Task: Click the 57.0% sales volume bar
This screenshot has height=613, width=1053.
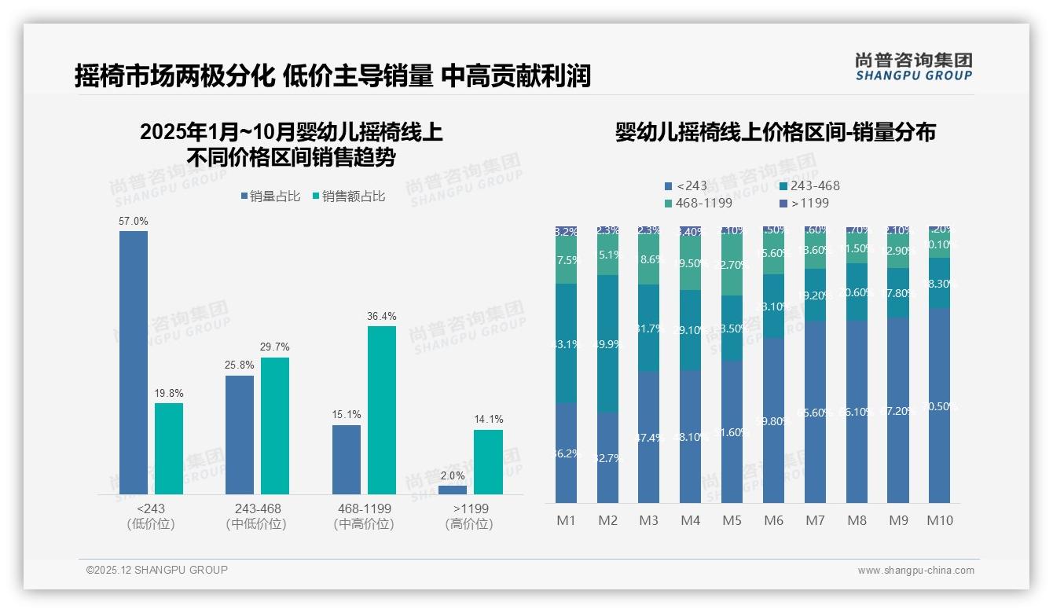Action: (x=134, y=362)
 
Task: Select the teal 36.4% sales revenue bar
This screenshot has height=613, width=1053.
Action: (x=382, y=409)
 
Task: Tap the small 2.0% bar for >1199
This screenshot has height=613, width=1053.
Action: (x=453, y=490)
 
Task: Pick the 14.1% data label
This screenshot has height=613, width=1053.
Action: (x=488, y=419)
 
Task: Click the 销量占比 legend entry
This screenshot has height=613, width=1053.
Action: (x=270, y=196)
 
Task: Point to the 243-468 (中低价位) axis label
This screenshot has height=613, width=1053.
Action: (x=258, y=516)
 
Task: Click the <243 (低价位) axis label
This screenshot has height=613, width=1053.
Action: (x=151, y=516)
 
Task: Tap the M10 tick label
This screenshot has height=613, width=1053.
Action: (x=940, y=520)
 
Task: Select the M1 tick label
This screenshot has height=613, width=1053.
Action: (x=567, y=520)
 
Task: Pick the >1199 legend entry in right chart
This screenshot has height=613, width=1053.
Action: (x=803, y=203)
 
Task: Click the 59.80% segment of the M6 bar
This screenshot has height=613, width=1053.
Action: (x=774, y=420)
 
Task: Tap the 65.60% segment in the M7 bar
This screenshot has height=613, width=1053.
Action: (x=816, y=411)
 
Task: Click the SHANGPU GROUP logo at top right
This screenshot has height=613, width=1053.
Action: (x=913, y=67)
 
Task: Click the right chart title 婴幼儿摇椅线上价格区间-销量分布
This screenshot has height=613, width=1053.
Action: (x=775, y=132)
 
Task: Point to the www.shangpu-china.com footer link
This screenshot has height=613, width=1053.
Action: (x=915, y=571)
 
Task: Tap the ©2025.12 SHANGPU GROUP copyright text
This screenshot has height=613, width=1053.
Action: (x=157, y=570)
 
